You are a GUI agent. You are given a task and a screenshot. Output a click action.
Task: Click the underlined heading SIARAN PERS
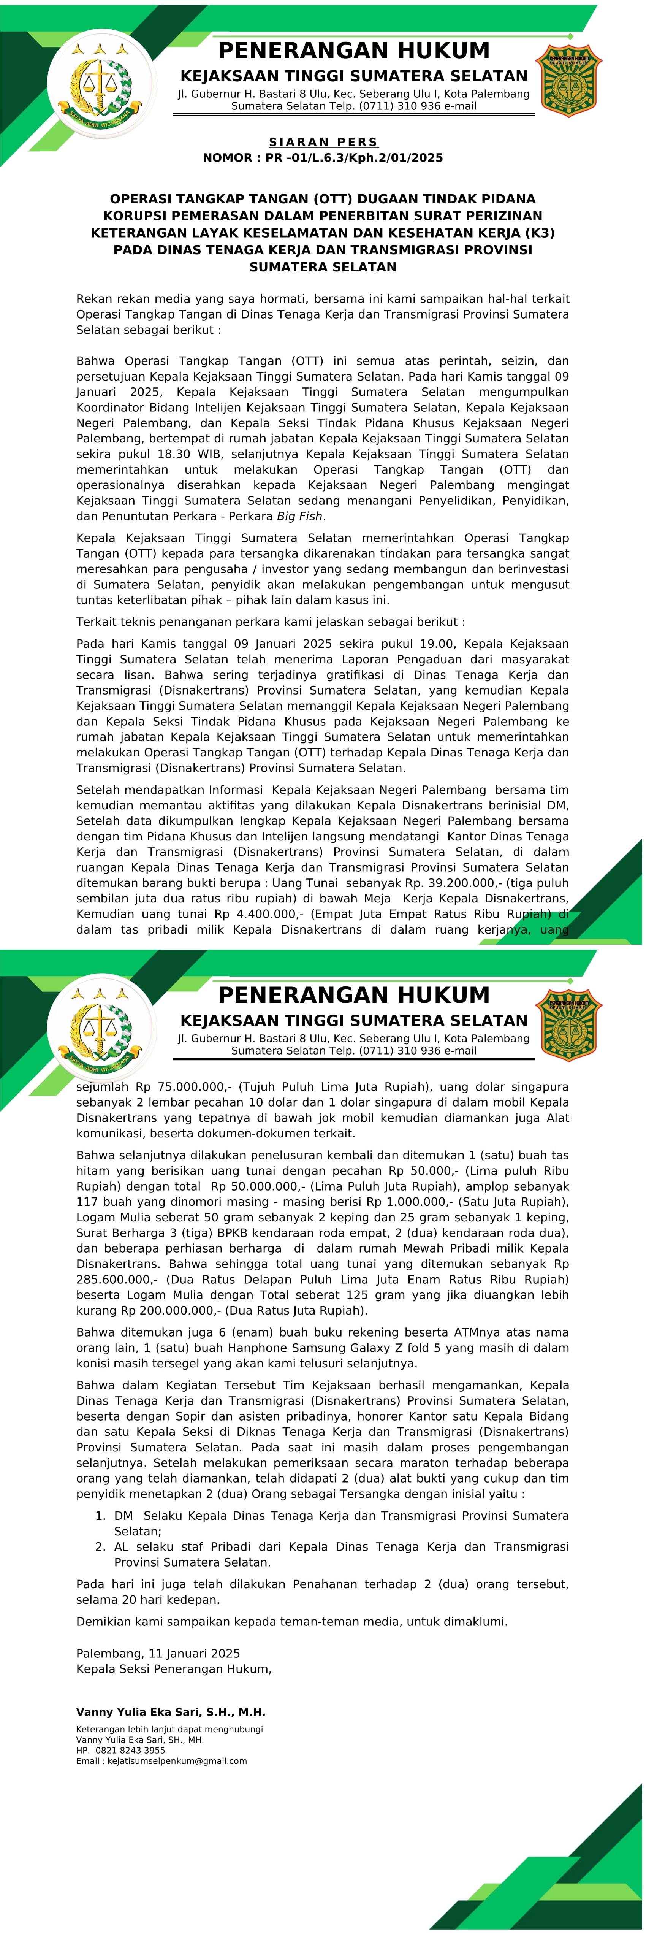pyautogui.click(x=323, y=142)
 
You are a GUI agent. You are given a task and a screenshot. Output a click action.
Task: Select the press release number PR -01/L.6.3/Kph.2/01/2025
pyautogui.click(x=353, y=158)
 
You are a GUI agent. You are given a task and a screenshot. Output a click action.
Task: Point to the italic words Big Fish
pyautogui.click(x=300, y=516)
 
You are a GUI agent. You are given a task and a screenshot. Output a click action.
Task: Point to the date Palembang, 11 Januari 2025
pyautogui.click(x=158, y=1653)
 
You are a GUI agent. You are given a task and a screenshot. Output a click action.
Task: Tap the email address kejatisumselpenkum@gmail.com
pyautogui.click(x=177, y=1760)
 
